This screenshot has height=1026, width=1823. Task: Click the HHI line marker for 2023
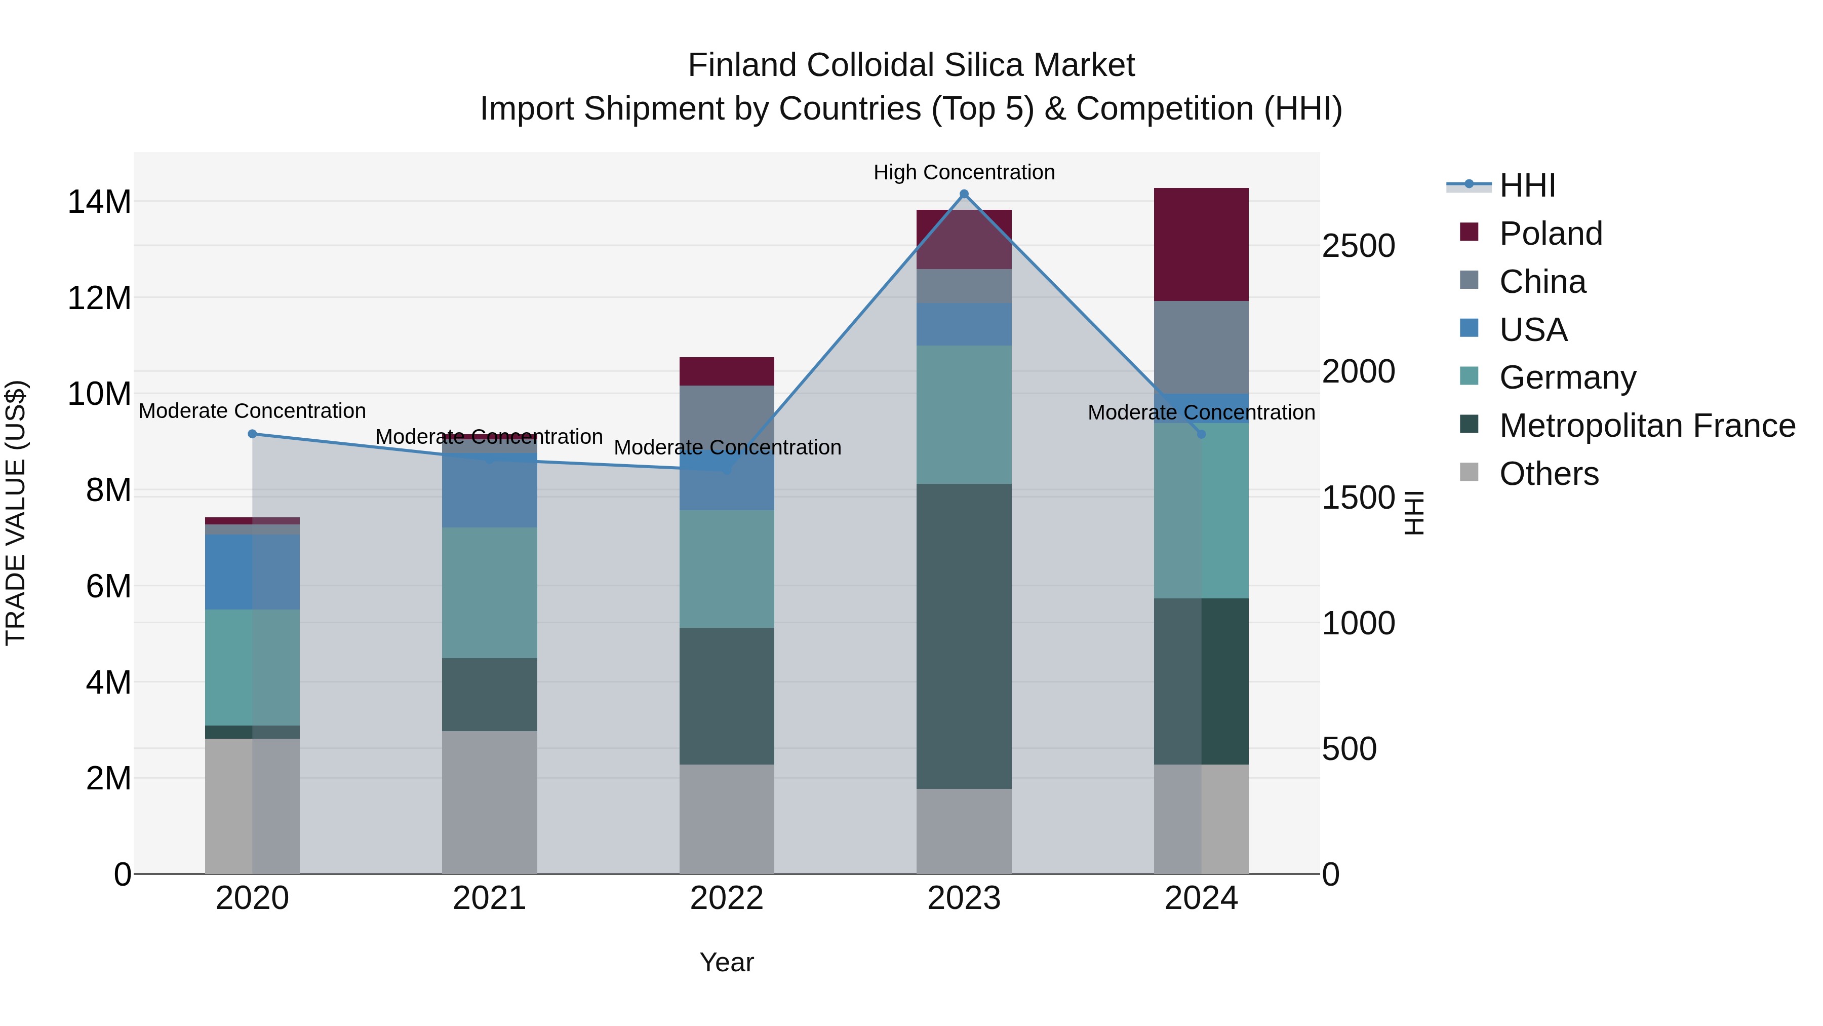coord(963,194)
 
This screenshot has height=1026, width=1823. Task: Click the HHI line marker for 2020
coord(252,434)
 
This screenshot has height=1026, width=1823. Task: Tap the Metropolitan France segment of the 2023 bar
coord(963,636)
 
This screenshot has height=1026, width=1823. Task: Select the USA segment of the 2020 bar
coord(252,572)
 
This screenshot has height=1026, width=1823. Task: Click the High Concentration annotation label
coord(963,172)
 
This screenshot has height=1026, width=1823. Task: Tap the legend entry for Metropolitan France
coord(1647,426)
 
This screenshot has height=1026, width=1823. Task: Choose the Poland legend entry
coord(1550,234)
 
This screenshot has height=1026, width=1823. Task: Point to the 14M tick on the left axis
coord(99,202)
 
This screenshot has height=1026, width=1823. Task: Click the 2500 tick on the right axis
coord(1358,246)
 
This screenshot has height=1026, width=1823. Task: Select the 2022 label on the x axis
coord(726,898)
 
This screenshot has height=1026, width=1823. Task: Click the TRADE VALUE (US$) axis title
coord(16,513)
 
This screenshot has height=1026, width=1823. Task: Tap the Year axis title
coord(726,962)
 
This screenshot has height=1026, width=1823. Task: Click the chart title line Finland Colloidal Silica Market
coord(911,65)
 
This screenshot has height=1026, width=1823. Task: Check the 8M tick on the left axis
coord(108,490)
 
